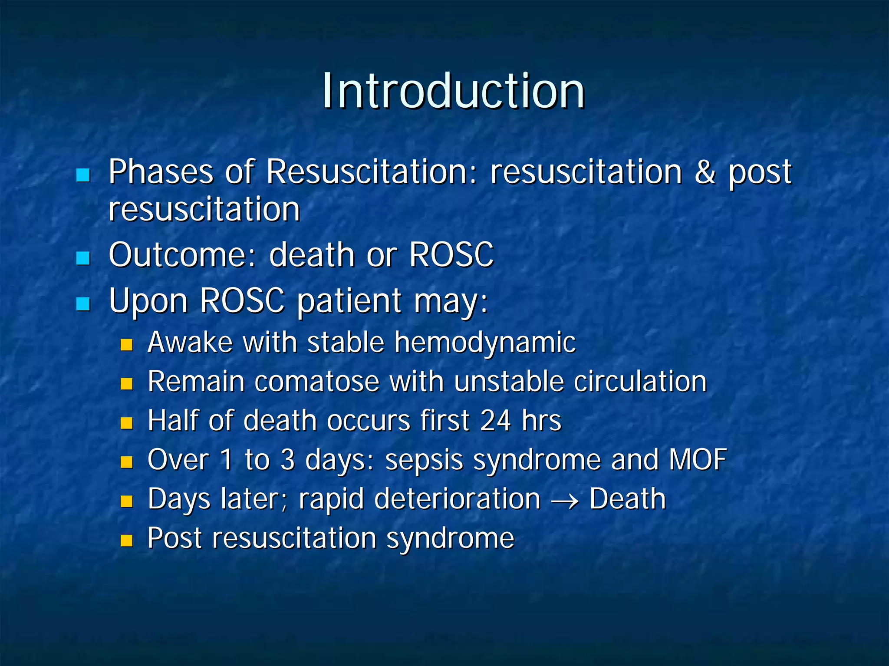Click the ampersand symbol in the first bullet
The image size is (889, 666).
click(705, 172)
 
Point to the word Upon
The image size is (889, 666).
click(148, 301)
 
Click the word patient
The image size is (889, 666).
click(349, 301)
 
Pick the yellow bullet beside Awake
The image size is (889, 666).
click(126, 345)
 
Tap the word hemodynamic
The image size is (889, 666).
click(485, 343)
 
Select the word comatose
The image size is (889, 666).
click(317, 382)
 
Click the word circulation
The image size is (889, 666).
click(640, 382)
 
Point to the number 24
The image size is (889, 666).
click(496, 421)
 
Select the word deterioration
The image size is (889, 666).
click(457, 499)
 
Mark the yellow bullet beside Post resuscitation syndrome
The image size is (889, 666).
click(126, 541)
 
